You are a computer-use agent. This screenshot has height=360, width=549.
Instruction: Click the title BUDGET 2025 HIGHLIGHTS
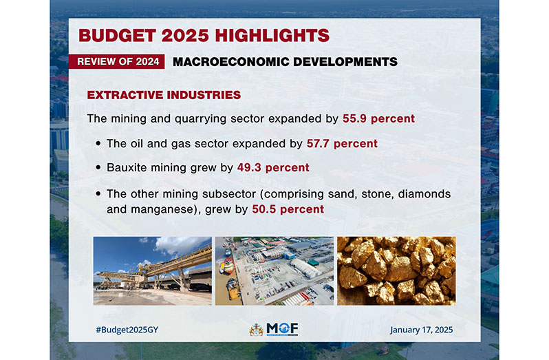(x=204, y=35)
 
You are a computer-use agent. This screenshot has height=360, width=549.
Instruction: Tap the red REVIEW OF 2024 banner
(x=116, y=62)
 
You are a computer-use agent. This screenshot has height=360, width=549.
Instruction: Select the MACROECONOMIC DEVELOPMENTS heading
(x=285, y=62)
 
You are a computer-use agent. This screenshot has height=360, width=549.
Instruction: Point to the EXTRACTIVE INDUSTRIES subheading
(x=164, y=95)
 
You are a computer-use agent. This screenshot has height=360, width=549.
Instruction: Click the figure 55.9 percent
(x=378, y=118)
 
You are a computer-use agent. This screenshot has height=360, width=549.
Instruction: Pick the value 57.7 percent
(x=342, y=144)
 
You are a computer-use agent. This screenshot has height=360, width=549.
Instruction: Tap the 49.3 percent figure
(x=273, y=168)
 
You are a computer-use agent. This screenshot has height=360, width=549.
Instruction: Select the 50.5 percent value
(x=288, y=209)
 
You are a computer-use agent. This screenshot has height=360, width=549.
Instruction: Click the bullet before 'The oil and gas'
(x=98, y=143)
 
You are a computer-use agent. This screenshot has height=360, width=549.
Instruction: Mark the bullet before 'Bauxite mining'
(x=98, y=167)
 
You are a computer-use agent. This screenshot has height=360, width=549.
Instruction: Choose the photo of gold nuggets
(x=396, y=271)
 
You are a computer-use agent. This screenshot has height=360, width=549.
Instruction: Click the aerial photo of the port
(x=274, y=271)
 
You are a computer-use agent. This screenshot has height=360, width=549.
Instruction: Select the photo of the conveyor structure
(x=153, y=271)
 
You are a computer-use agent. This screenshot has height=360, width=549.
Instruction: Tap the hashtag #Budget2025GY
(x=127, y=330)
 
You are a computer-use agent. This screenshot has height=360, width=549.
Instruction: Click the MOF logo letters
(x=282, y=328)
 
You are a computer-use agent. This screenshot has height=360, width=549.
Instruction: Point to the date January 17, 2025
(x=422, y=330)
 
